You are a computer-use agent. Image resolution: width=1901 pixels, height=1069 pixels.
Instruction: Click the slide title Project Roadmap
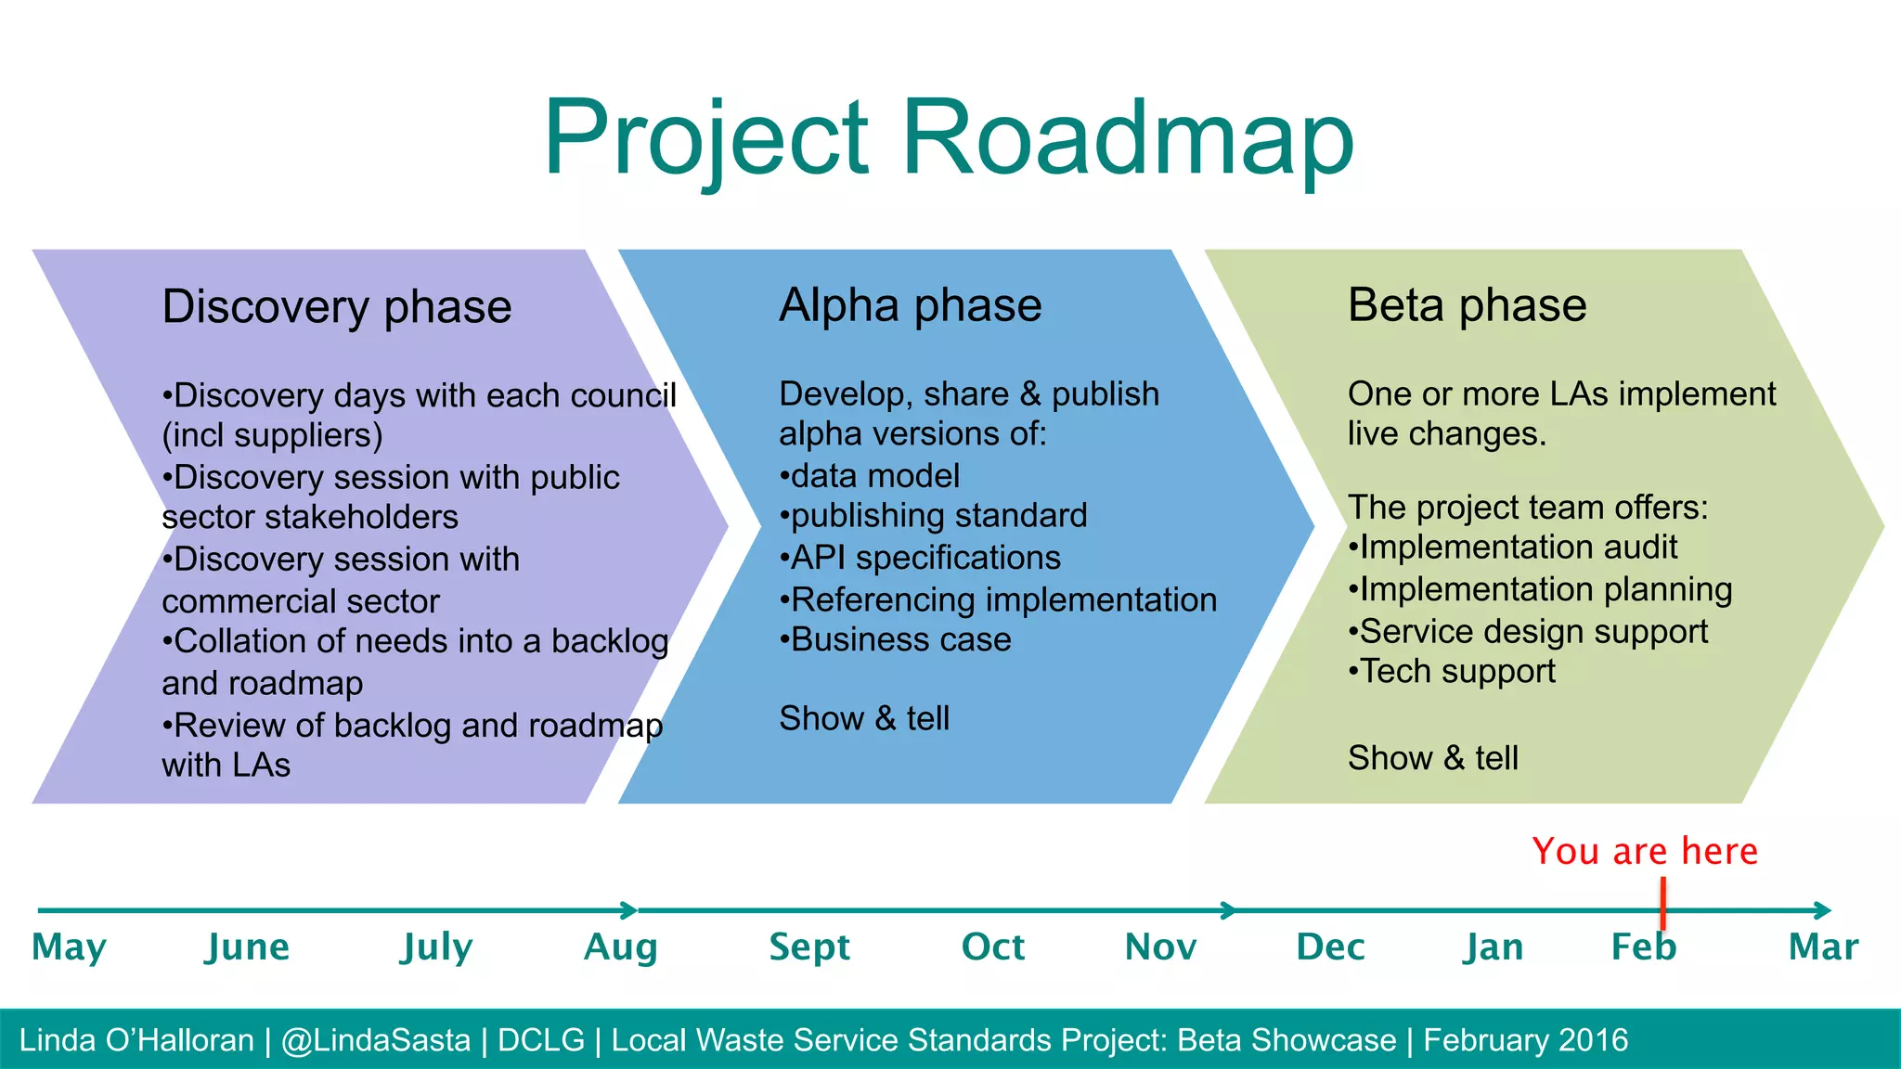point(949,139)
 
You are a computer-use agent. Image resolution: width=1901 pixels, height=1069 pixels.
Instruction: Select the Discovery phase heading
point(336,307)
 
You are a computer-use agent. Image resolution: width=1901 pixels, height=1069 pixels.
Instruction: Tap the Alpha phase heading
point(910,305)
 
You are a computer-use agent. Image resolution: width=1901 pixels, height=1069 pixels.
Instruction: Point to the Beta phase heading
point(1467,305)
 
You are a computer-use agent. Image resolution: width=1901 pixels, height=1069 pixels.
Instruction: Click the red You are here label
point(1644,851)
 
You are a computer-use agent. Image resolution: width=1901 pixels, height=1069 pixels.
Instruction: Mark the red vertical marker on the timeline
point(1662,902)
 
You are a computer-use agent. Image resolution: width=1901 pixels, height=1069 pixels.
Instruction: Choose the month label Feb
point(1643,947)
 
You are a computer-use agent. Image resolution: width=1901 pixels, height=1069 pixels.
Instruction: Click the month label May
point(69,947)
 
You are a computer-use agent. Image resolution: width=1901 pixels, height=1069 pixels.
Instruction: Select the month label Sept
point(809,947)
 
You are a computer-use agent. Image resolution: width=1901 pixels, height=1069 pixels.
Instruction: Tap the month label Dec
point(1329,947)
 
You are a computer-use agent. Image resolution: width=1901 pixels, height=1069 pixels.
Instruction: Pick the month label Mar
point(1823,947)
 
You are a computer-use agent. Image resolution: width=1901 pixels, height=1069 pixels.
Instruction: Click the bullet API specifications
point(920,558)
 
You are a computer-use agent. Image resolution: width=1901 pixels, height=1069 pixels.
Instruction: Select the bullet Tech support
point(1452,671)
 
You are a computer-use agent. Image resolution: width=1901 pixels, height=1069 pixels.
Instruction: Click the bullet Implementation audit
point(1513,547)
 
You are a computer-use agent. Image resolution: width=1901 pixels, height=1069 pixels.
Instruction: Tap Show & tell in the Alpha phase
point(864,718)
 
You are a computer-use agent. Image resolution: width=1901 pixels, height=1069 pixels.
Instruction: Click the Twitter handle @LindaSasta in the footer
point(376,1040)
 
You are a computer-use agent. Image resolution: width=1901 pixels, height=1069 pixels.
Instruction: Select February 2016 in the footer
point(1525,1040)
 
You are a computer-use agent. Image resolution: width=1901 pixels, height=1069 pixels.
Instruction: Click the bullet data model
point(870,476)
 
